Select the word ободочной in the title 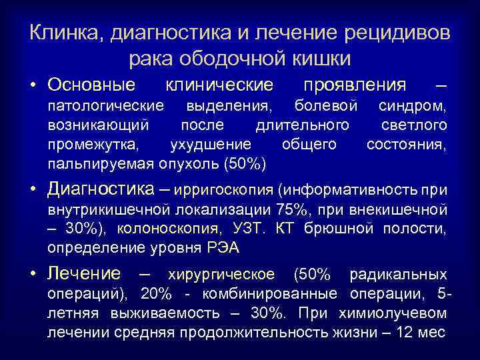pyautogui.click(x=231, y=58)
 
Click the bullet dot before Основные pyautogui.click(x=33, y=85)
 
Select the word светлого pyautogui.click(x=413, y=125)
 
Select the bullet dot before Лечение pyautogui.click(x=33, y=274)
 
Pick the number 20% pyautogui.click(x=155, y=293)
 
